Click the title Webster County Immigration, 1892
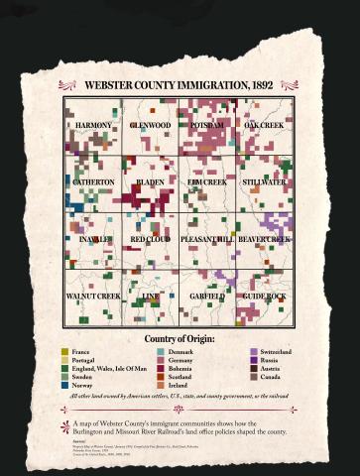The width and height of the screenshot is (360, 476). (179, 85)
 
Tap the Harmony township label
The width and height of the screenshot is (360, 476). (93, 126)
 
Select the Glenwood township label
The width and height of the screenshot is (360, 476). (151, 126)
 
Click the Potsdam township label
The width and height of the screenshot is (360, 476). (207, 126)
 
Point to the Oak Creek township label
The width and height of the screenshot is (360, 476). (264, 126)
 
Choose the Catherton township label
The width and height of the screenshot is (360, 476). (93, 182)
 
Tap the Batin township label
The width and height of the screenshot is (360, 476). (151, 182)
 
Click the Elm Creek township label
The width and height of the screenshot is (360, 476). (207, 182)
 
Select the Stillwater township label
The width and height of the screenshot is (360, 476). (264, 182)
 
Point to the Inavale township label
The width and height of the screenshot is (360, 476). (93, 240)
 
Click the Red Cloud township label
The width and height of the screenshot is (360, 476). (151, 240)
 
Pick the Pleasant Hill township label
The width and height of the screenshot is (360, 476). (207, 240)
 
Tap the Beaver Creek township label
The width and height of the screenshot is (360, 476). (264, 240)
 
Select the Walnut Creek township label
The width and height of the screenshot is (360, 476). (93, 297)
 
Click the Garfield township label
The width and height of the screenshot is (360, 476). (207, 297)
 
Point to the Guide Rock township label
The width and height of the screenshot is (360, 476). (264, 297)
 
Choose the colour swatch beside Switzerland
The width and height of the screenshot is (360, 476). (253, 352)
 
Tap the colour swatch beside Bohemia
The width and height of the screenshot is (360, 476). (160, 368)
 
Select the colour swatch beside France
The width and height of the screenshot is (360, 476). (64, 352)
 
